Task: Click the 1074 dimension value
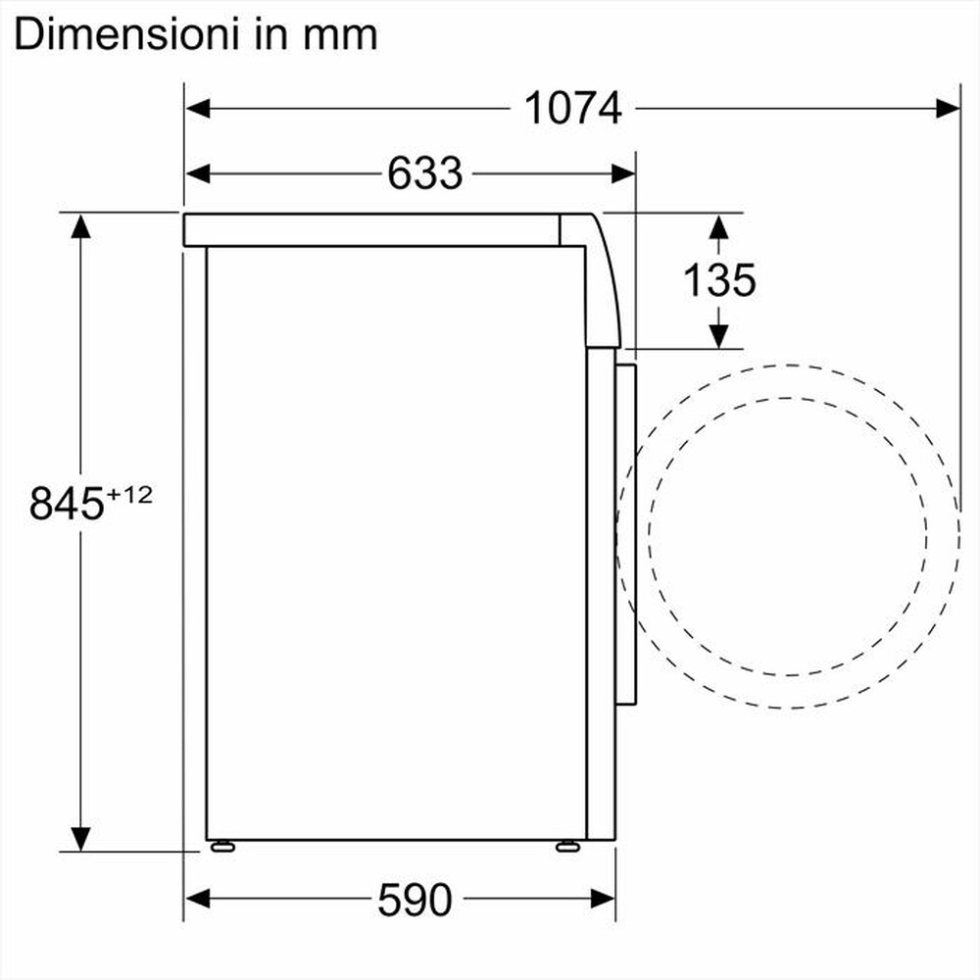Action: (573, 108)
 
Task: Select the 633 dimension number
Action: (424, 173)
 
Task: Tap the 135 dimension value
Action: (719, 281)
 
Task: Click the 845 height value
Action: (66, 504)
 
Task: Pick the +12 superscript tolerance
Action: (130, 495)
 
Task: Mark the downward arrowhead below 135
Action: (719, 335)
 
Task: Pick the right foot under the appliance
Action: (567, 846)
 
